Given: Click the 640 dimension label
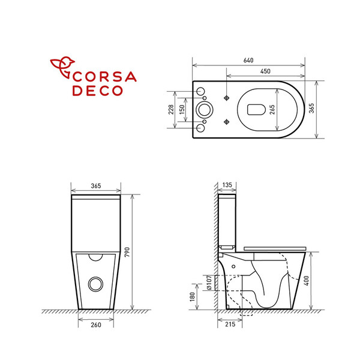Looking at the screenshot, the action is [248, 60].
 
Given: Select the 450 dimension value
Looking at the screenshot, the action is [265, 71].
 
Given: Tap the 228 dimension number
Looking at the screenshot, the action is [171, 110].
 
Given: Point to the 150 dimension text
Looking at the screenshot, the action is [182, 110].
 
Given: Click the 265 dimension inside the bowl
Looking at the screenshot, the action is [272, 110].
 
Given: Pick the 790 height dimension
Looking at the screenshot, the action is [127, 252].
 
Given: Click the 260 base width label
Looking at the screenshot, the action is [96, 325].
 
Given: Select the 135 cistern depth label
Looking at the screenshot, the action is [227, 185].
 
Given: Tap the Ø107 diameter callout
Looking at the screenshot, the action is [209, 283].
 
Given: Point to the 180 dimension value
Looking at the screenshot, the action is [193, 296].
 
